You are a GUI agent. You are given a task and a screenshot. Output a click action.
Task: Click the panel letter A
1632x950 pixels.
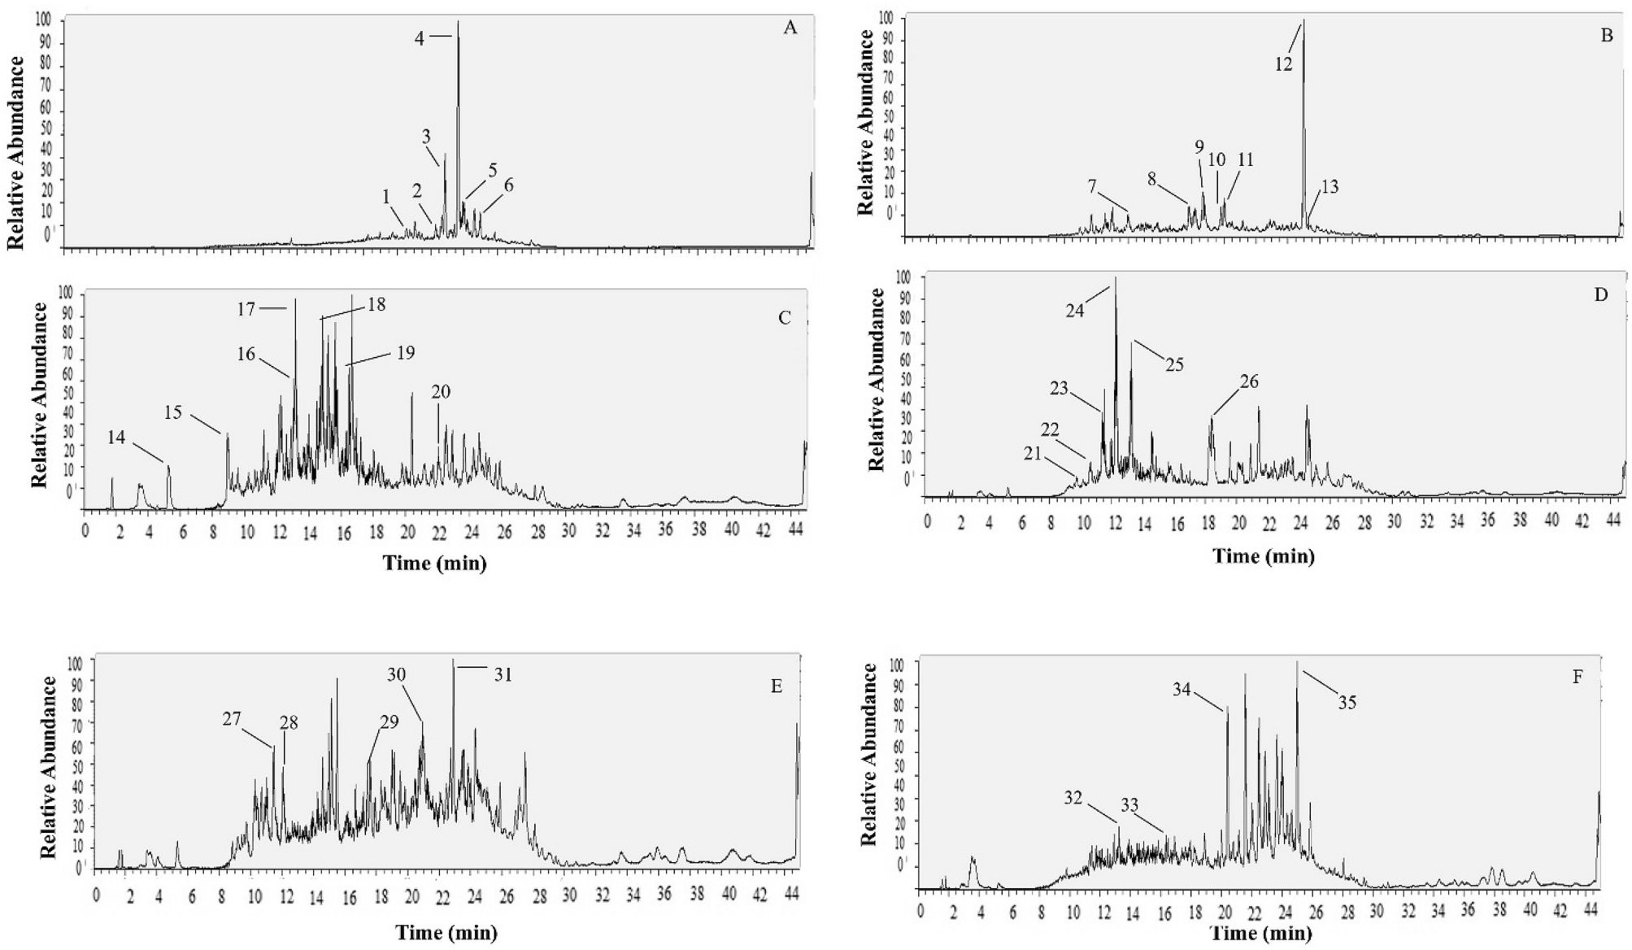coord(790,28)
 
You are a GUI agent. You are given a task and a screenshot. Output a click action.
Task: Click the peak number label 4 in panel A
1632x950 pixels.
coord(420,38)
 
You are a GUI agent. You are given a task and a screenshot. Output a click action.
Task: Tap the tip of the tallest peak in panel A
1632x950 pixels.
coord(458,22)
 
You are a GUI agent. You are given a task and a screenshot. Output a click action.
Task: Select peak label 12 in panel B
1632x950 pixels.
coord(1283,65)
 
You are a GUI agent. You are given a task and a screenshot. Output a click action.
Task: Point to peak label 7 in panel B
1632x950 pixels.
coord(1093,188)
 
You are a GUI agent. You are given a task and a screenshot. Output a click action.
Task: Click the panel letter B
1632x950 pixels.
coord(1606,36)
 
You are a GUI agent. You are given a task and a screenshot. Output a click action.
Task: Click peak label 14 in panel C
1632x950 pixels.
coord(116,438)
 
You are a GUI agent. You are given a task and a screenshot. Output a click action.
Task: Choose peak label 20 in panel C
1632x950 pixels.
coord(440,392)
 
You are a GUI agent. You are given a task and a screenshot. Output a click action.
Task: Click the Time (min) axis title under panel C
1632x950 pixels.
coord(434,563)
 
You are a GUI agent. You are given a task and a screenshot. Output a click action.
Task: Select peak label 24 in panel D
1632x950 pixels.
coord(1075,310)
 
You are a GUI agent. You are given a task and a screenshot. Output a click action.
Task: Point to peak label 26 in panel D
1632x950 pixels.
coord(1248,381)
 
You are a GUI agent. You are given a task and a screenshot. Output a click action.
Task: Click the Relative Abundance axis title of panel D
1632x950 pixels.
coord(876,379)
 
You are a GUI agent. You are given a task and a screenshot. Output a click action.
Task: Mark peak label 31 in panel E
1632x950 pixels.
coord(503,674)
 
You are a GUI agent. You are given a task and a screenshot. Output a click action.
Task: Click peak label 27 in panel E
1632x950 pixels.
coord(232,719)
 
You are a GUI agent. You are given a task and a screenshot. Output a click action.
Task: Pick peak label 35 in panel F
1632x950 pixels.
coord(1347,703)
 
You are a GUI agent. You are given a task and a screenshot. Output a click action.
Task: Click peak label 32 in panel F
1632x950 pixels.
coord(1073,798)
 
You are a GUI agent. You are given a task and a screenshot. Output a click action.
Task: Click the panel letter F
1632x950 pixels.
coord(1578,677)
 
